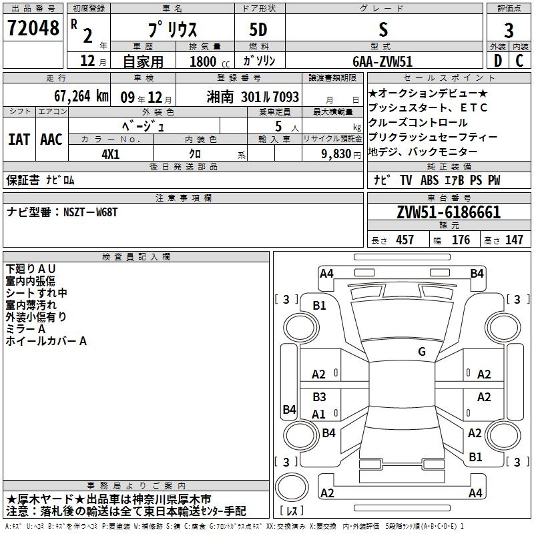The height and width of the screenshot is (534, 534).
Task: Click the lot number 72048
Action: coord(33,28)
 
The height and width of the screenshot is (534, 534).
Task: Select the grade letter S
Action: coord(383,29)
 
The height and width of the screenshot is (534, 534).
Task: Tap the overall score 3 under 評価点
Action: coord(509,31)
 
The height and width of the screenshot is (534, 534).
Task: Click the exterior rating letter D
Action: coord(498,61)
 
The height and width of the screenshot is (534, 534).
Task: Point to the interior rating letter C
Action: coord(520,61)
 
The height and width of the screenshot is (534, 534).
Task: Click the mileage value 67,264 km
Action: coord(81,96)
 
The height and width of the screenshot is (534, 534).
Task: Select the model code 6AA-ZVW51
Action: coord(382,61)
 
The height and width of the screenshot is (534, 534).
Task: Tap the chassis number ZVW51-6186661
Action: coord(449,212)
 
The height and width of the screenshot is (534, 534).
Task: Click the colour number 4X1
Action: coord(111,154)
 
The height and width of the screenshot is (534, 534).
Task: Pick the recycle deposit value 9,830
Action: coord(336,154)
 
